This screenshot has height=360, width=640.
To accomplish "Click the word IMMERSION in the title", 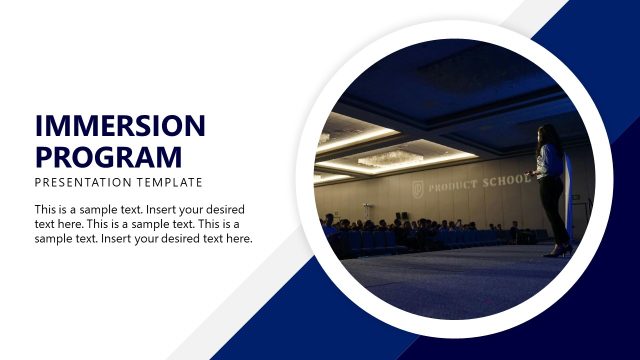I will [119, 126].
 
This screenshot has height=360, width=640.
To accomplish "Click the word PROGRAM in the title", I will [108, 156].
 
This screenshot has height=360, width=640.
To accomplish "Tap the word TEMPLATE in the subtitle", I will [171, 183].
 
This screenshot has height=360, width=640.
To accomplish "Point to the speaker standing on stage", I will [550, 190].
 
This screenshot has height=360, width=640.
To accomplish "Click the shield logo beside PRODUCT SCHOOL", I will [418, 189].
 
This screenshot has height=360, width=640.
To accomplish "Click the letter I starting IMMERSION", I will [38, 126].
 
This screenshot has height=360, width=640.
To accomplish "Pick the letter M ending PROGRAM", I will [169, 156].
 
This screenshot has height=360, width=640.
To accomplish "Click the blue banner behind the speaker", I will [569, 195].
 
